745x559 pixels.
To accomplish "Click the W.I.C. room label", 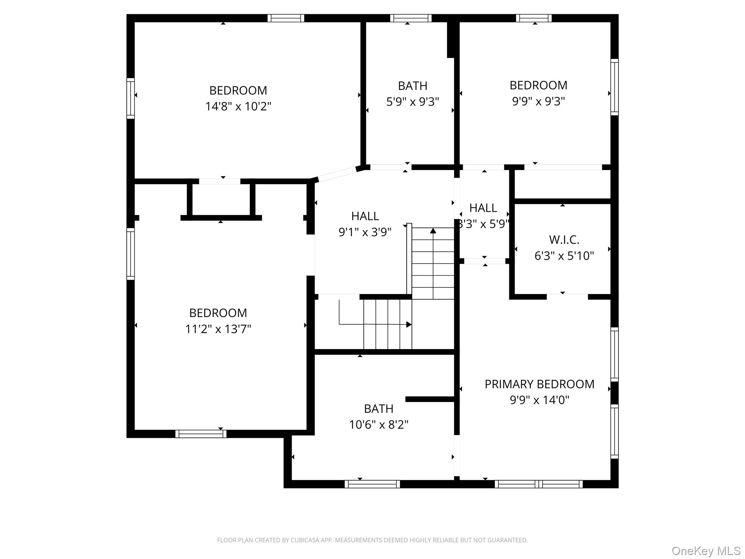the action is (x=564, y=240).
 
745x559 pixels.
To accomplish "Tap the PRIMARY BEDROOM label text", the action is (x=539, y=384).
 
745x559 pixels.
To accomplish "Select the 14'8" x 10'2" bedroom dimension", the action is (x=238, y=106).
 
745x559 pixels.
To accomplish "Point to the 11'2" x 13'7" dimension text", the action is (x=218, y=329).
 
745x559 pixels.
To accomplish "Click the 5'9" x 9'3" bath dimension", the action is (x=413, y=102).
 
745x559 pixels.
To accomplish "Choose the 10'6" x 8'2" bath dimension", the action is (x=379, y=425).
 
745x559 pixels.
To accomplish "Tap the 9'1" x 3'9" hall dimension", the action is (x=365, y=232).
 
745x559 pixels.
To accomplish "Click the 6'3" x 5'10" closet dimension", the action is (x=564, y=256).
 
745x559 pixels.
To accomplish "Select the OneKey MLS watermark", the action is (x=706, y=551).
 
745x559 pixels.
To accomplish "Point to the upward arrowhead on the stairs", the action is (x=433, y=231).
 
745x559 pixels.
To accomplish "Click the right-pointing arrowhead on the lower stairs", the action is (x=409, y=324).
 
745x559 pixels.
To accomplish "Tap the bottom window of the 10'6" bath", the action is (x=372, y=484).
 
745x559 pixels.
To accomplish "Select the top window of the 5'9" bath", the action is (x=411, y=18).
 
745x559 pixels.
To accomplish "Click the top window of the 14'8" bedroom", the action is (x=286, y=18).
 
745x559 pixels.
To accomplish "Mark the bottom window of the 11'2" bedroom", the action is (x=201, y=434).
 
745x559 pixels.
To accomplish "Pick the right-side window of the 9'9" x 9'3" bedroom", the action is (x=614, y=87).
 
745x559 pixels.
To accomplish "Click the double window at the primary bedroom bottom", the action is (x=538, y=484).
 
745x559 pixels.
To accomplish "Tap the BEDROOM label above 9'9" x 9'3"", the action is (x=538, y=85).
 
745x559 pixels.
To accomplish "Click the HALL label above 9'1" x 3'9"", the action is (x=365, y=216).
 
